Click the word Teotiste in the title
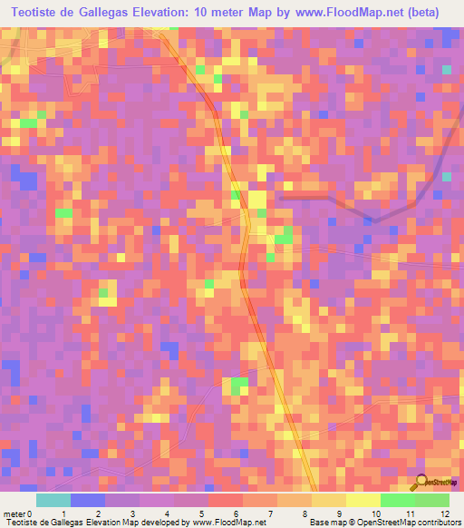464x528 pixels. pyautogui.click(x=39, y=13)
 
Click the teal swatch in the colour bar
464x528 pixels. pyautogui.click(x=53, y=500)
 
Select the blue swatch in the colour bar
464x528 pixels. pyautogui.click(x=88, y=500)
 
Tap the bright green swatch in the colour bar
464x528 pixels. pyautogui.click(x=397, y=500)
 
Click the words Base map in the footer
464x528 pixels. pyautogui.click(x=325, y=522)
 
